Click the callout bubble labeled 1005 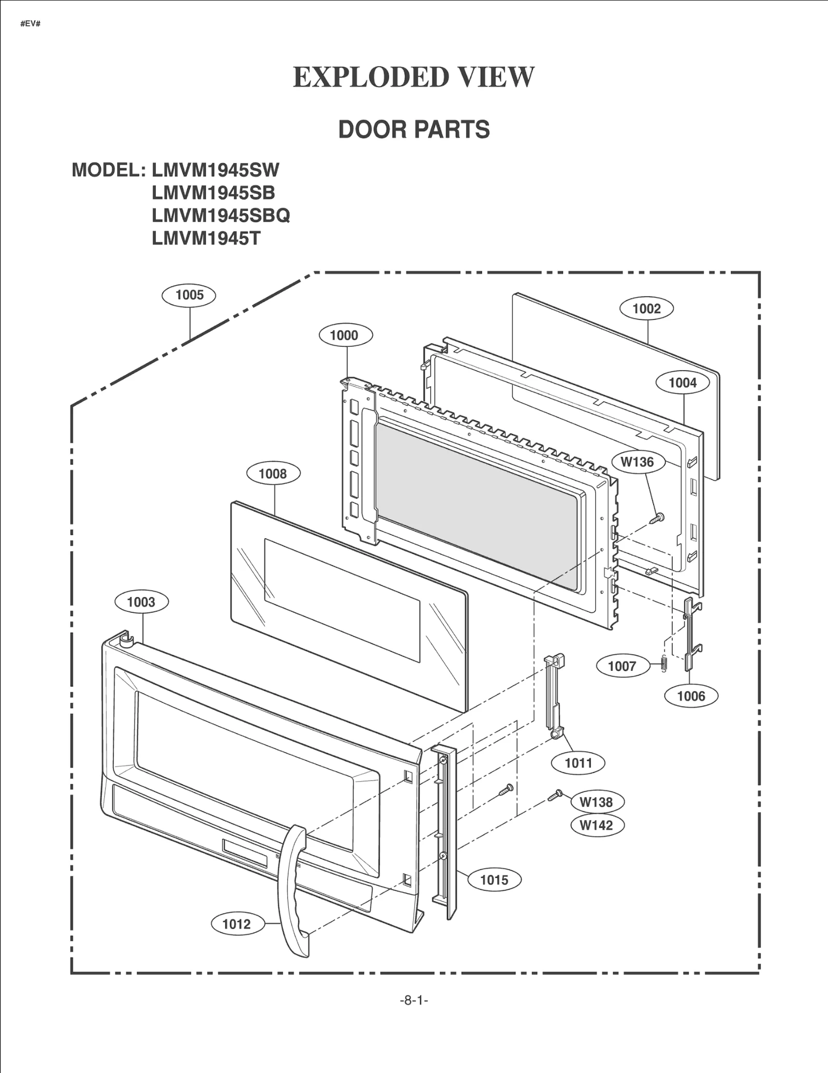tap(189, 295)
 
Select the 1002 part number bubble tap(646, 308)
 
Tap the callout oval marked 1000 tap(344, 335)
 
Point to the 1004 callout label tap(683, 383)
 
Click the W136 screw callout tap(637, 462)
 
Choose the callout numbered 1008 tap(273, 474)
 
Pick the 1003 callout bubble tap(141, 602)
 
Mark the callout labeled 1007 tap(622, 666)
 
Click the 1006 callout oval tap(691, 696)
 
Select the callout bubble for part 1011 tap(578, 762)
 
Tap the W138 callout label tap(597, 802)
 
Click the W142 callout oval tap(597, 825)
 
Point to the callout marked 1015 tap(494, 879)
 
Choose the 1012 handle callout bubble tap(236, 924)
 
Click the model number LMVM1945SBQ tap(221, 215)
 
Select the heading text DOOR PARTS tap(414, 129)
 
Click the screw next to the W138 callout tap(555, 796)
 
